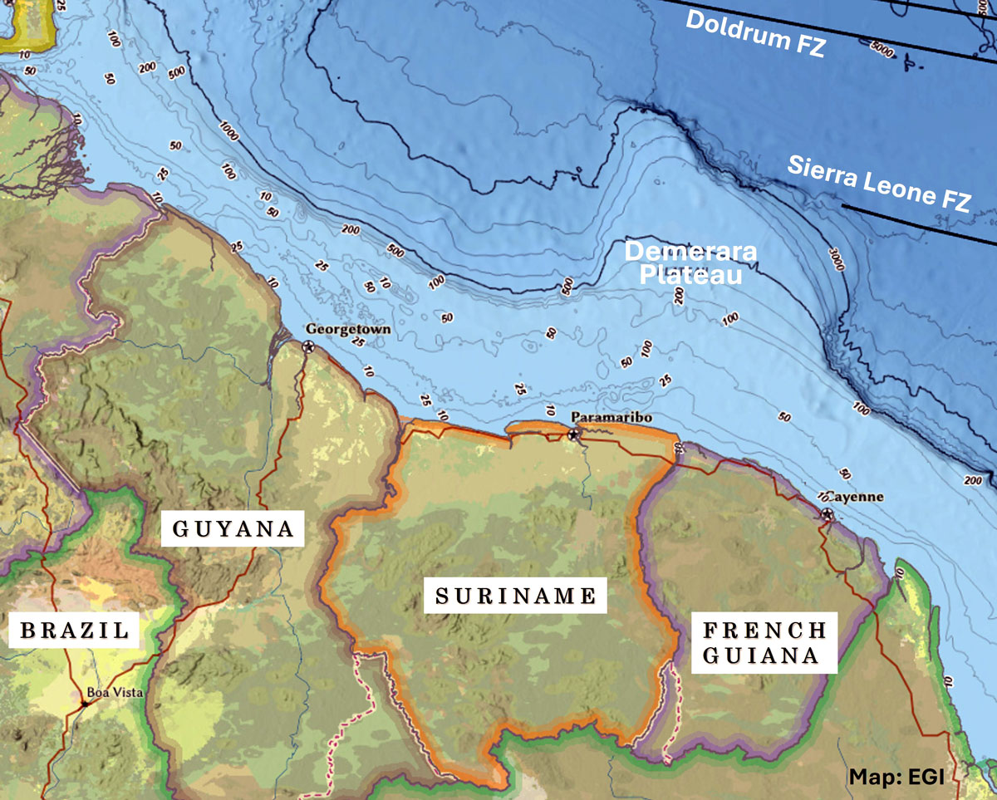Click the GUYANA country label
tap(233, 528)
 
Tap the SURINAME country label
tap(516, 596)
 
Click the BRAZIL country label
tap(75, 631)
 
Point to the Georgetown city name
tap(347, 329)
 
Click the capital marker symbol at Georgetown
tap(309, 346)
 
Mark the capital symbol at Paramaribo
tap(573, 434)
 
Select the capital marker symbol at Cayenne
tap(827, 514)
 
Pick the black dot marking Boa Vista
tap(85, 704)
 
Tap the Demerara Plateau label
tap(683, 263)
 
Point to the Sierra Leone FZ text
tap(878, 184)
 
